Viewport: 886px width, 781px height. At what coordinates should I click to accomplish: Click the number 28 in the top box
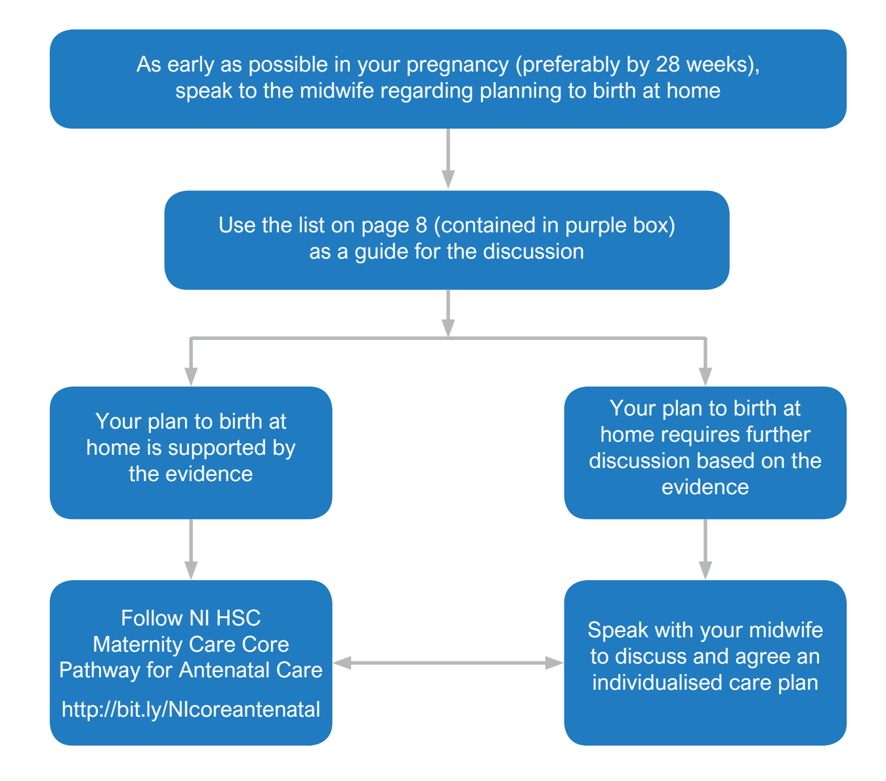tap(667, 64)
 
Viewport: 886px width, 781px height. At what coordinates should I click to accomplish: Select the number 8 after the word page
tap(421, 225)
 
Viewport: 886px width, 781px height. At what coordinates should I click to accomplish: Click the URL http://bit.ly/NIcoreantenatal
tap(191, 709)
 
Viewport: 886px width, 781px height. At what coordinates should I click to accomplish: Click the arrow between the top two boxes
tap(448, 158)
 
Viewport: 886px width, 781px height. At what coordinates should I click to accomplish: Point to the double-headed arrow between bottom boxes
tap(448, 663)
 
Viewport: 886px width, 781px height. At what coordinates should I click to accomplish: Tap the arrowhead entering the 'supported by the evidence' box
tap(191, 377)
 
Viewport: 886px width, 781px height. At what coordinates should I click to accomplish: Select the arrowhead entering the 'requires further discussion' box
tap(706, 377)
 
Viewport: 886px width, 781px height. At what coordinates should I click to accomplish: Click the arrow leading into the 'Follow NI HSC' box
tap(191, 549)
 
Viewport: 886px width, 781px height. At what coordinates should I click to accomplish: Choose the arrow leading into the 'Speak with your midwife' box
tap(706, 549)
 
